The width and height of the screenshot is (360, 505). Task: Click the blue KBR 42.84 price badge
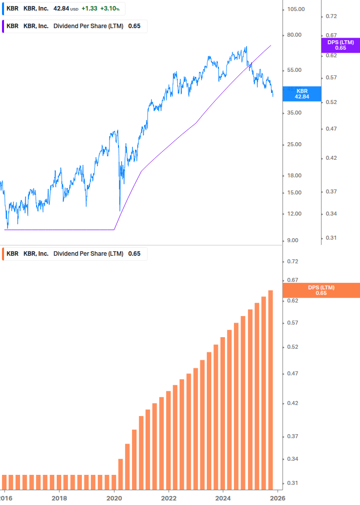click(301, 94)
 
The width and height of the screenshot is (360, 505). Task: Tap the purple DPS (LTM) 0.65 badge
click(340, 45)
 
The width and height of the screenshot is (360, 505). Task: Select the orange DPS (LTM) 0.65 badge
click(321, 290)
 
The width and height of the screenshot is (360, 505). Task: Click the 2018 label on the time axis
click(59, 498)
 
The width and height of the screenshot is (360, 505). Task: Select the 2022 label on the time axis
click(169, 498)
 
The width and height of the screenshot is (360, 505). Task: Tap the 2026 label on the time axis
click(278, 498)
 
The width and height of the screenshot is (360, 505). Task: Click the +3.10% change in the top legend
click(110, 9)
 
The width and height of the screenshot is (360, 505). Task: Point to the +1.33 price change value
click(89, 9)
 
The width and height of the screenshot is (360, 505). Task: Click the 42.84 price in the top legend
click(61, 9)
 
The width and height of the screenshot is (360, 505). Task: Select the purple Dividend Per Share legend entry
click(88, 26)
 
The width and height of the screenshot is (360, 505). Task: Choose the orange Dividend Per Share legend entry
click(88, 254)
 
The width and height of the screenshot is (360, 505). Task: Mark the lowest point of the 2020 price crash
click(119, 211)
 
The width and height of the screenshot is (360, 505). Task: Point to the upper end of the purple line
click(271, 45)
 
